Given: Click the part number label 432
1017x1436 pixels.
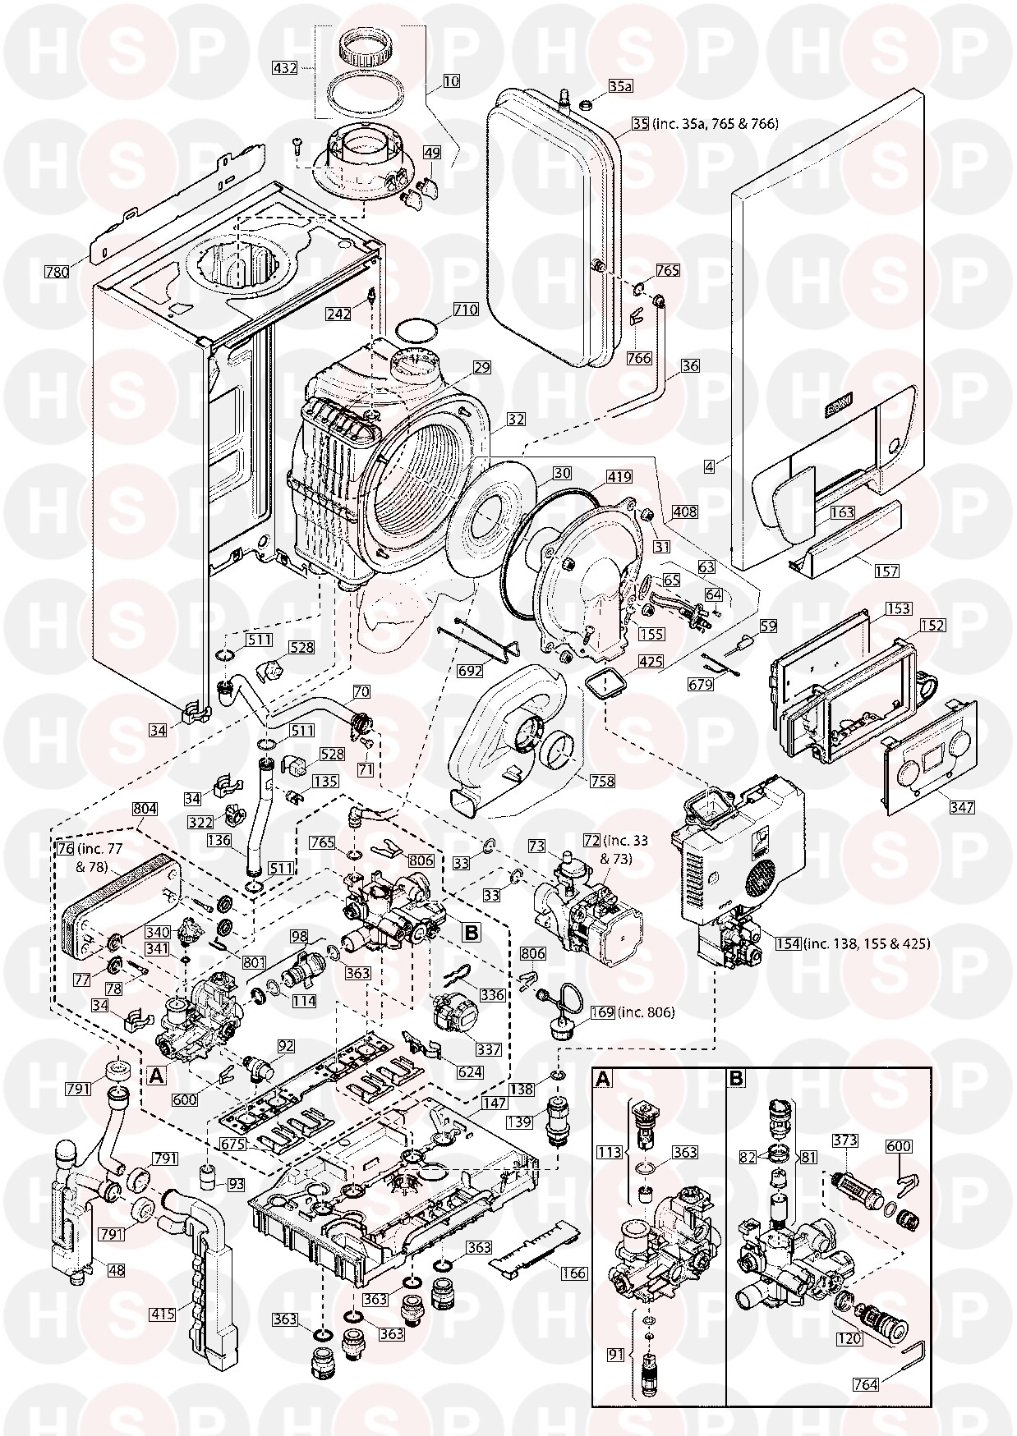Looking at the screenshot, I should click(x=285, y=68).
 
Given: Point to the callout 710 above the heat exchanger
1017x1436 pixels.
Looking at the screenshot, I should click(x=465, y=310).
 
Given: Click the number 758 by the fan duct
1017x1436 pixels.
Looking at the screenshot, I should click(x=602, y=781).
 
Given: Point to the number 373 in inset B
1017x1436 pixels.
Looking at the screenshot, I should click(x=845, y=1140).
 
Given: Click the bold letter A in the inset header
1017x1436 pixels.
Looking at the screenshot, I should click(x=604, y=1080).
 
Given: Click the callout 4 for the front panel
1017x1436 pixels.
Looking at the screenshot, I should click(x=708, y=465).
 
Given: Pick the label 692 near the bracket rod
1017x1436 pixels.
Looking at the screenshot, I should click(x=470, y=671).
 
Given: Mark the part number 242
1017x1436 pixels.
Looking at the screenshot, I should click(x=338, y=314).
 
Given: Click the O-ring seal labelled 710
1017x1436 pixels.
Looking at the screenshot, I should click(x=416, y=333).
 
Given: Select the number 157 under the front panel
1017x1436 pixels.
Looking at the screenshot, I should click(x=887, y=571).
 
